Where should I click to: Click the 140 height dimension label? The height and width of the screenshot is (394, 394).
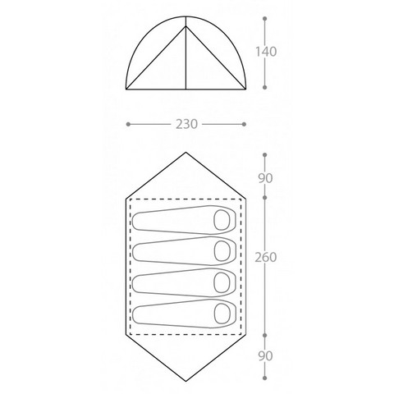[x=266, y=52]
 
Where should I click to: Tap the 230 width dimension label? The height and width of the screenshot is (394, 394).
[x=186, y=124]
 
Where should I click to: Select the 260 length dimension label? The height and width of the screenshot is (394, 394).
[x=266, y=257]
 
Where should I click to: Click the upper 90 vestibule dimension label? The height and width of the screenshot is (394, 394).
[x=265, y=178]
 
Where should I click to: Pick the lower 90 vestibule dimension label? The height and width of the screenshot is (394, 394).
[x=265, y=356]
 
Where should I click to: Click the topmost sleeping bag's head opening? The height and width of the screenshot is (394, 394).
[x=222, y=220]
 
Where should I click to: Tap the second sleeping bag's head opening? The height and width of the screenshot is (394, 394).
[x=222, y=251]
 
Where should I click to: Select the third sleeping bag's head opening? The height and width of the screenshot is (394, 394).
[x=222, y=282]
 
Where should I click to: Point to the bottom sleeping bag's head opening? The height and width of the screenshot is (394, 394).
[x=222, y=314]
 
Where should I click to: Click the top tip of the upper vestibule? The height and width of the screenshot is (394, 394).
[x=186, y=153]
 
